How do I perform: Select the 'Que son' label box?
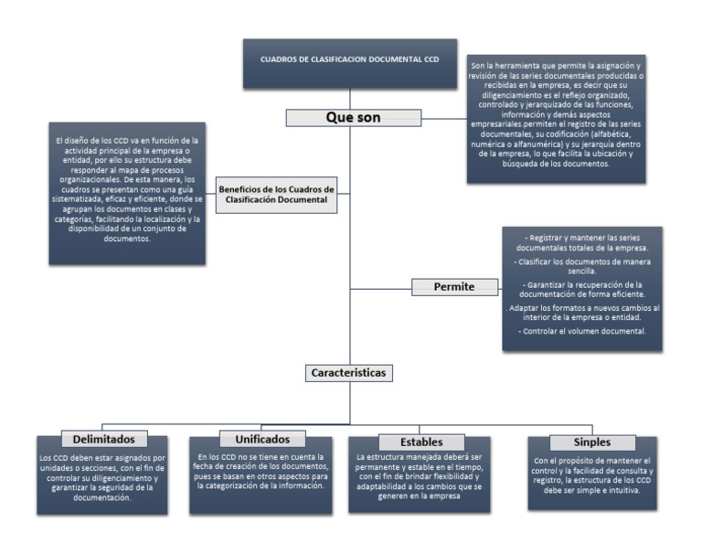coord(353,118)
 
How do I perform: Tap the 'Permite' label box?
coord(454,287)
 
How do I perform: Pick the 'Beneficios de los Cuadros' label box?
coord(276,195)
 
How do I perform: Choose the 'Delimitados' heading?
coord(103,440)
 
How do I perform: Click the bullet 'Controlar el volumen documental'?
coord(582,331)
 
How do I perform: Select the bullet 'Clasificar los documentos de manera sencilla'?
coord(582,266)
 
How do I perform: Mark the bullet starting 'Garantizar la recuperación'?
coord(582,289)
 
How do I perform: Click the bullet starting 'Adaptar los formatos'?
coord(582,314)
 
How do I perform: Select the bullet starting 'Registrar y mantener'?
coord(582,243)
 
